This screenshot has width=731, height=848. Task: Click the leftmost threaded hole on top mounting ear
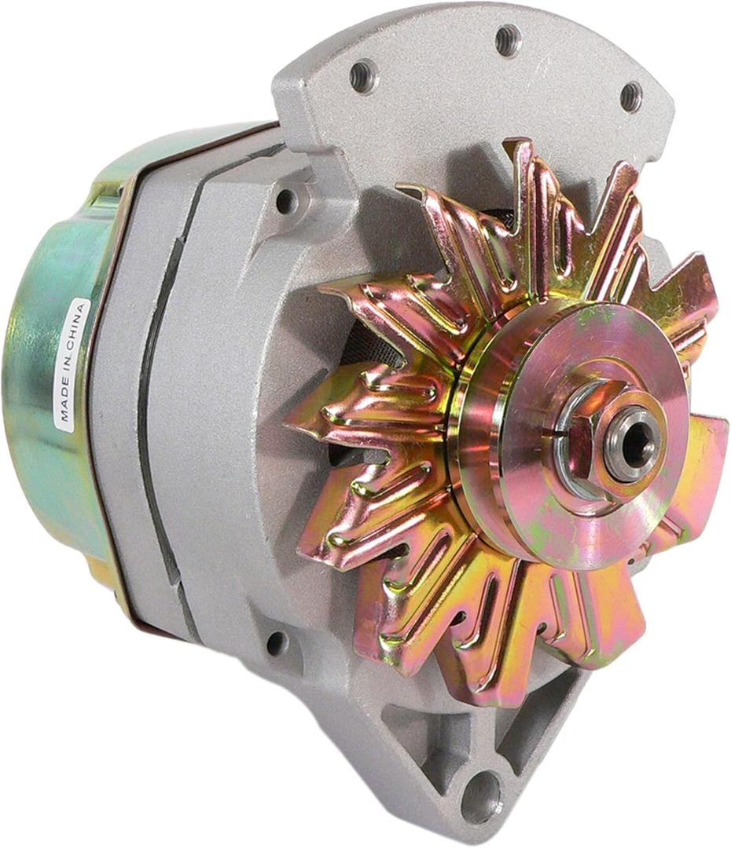364,76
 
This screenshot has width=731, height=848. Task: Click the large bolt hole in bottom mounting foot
480,795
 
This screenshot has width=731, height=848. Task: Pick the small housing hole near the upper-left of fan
286,201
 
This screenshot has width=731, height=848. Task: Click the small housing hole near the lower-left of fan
277,644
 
